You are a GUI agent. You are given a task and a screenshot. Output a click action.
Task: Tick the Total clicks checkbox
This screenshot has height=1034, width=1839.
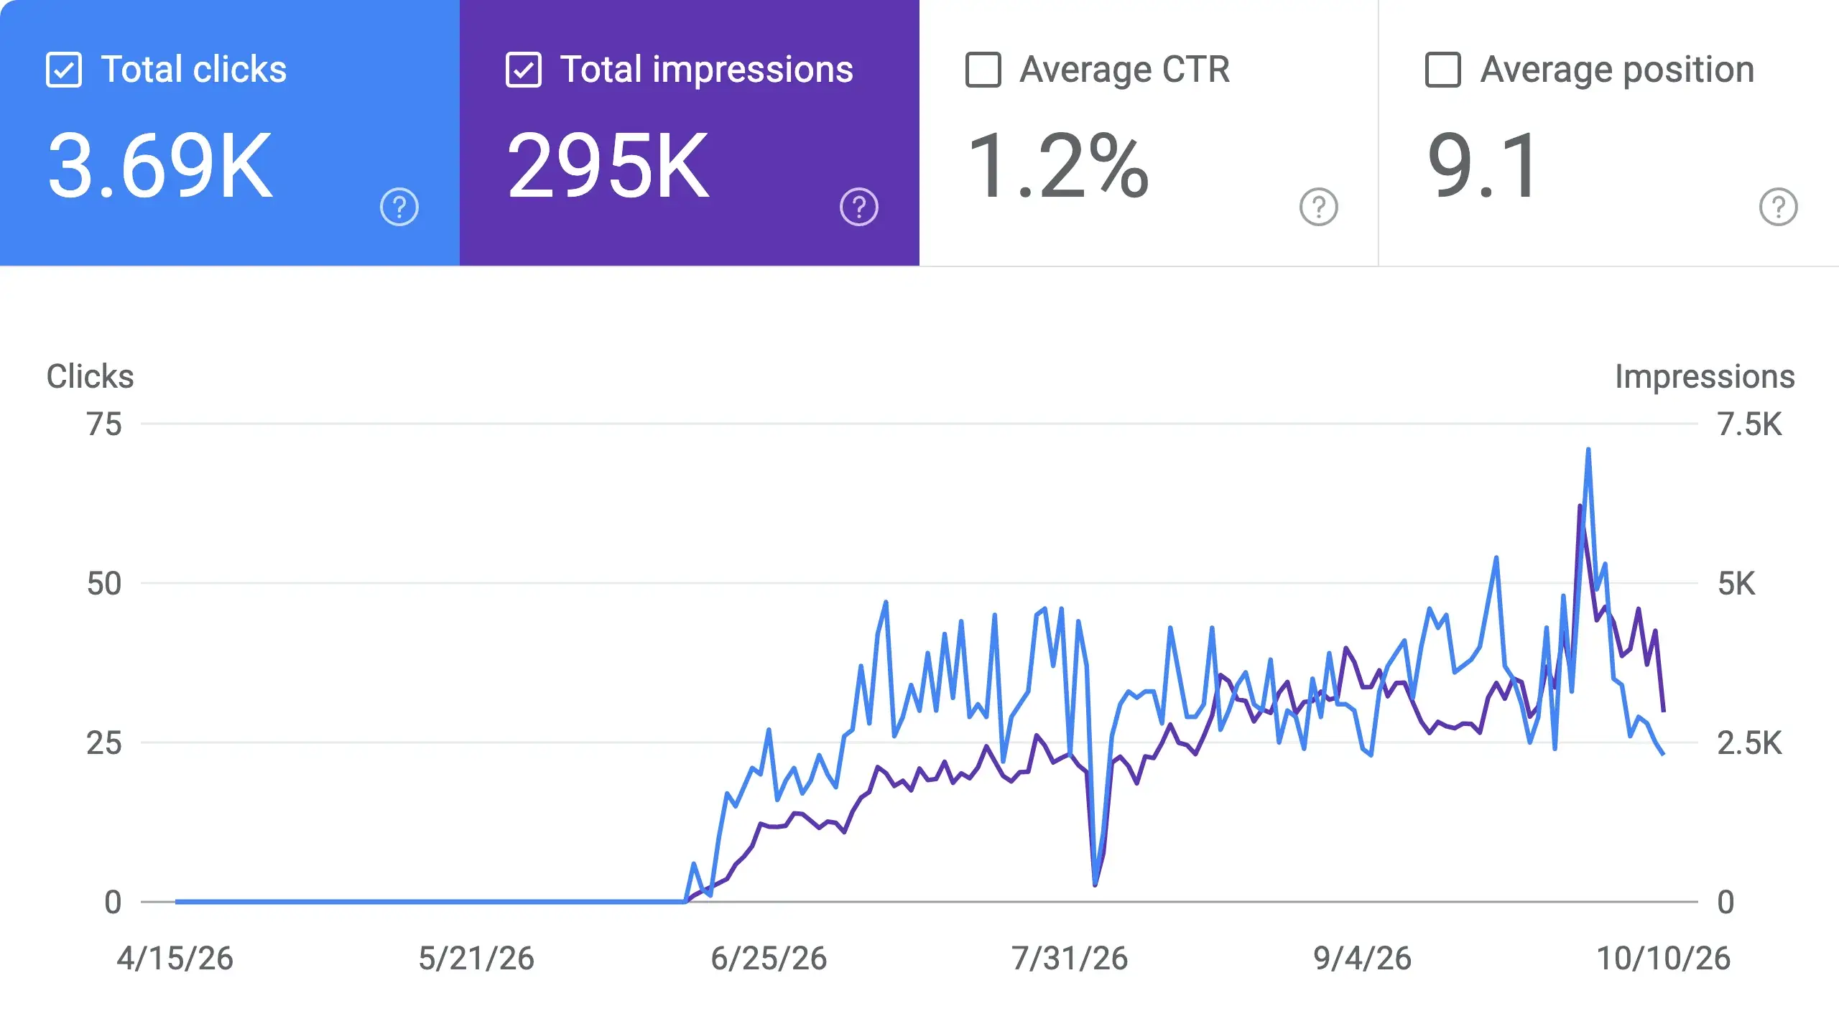coord(64,70)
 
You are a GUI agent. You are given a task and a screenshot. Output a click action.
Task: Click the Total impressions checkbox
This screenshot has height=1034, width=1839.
coord(524,70)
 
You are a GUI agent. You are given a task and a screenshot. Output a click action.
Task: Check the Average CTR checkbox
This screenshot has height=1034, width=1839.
coord(983,70)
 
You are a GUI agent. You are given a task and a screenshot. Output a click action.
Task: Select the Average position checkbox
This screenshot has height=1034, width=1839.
coord(1443,70)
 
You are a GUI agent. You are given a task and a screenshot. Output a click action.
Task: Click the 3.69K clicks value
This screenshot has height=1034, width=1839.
coord(160,167)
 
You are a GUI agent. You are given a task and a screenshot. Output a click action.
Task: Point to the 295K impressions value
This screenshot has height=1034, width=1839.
coord(608,167)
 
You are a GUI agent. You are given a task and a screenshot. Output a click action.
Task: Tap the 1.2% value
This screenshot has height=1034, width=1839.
coord(1058,167)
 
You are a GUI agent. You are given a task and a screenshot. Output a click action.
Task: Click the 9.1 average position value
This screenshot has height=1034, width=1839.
coord(1483,167)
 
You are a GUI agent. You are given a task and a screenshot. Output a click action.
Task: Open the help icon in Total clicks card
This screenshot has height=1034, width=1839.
coord(399,207)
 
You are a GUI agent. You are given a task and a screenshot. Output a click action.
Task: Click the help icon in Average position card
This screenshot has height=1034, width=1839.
coord(1779,207)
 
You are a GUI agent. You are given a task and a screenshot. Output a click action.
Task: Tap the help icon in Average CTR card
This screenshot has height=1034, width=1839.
coord(1319,207)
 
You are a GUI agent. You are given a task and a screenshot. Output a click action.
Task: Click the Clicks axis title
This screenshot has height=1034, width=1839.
coord(91,376)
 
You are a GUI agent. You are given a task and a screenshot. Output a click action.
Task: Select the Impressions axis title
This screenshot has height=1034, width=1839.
coord(1705,376)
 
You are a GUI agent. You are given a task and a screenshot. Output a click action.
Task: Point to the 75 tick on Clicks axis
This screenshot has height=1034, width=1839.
coord(104,424)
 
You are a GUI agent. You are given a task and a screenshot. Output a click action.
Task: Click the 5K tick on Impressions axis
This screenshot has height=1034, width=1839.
coord(1736,584)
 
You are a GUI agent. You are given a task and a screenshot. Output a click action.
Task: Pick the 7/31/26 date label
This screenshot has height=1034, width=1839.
coord(1070,959)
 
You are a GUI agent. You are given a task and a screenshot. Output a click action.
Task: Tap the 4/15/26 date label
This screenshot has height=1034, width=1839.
coord(175,959)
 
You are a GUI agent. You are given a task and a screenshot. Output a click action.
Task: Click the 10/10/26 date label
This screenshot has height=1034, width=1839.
coord(1663,959)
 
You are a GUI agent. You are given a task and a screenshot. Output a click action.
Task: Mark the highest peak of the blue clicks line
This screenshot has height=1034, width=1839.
coord(1588,450)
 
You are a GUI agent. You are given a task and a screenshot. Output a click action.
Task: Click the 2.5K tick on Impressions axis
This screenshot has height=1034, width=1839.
coord(1749,743)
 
